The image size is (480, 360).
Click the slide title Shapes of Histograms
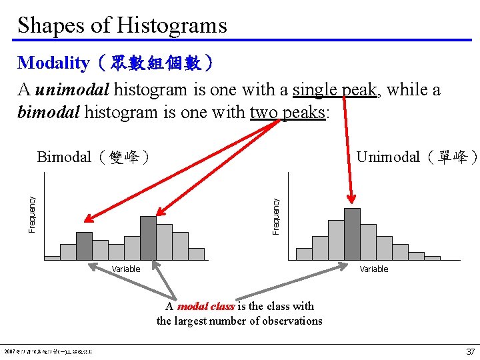click(122, 25)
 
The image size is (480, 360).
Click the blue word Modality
click(53, 63)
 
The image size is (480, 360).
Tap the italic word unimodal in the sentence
click(74, 89)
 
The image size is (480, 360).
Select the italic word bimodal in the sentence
click(49, 112)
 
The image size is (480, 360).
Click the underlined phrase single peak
click(335, 89)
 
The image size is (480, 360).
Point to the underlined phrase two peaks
click(287, 112)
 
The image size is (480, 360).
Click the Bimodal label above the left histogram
click(64, 157)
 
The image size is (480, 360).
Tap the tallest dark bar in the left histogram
click(148, 237)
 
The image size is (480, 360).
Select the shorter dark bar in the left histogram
click(84, 245)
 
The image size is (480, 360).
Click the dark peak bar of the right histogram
click(352, 233)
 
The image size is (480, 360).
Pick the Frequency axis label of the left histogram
click(32, 214)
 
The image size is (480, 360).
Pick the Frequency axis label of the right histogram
click(276, 214)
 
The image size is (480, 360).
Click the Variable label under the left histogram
click(126, 269)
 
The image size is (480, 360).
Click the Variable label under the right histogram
click(374, 269)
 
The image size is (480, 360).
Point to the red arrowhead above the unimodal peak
click(352, 199)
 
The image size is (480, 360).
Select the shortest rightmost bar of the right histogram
click(432, 257)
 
